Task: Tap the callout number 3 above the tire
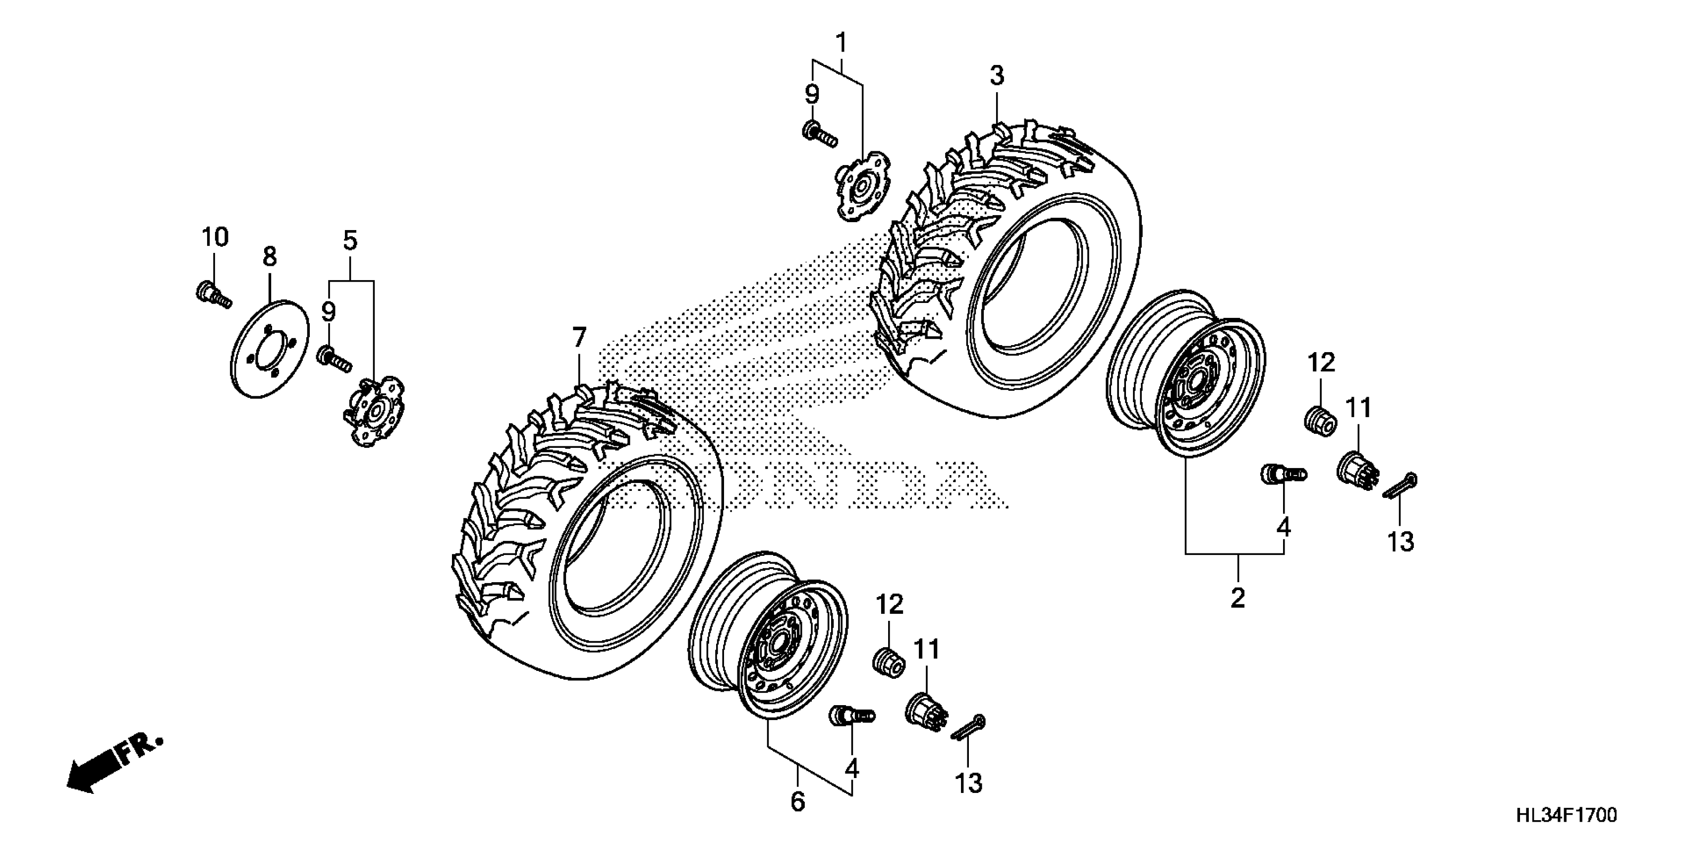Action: tap(996, 76)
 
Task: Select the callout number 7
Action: tap(579, 338)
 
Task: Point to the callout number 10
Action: tap(214, 237)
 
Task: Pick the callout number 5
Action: tap(350, 241)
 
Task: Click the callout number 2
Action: tap(1237, 597)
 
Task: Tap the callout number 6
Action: tap(797, 801)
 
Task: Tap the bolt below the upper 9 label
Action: tap(818, 133)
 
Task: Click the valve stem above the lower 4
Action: tap(851, 717)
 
